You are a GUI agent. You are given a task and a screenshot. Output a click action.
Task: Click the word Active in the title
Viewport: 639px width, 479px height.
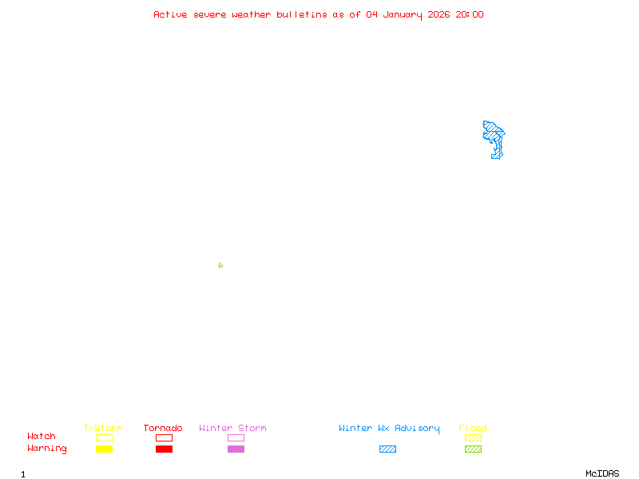point(170,14)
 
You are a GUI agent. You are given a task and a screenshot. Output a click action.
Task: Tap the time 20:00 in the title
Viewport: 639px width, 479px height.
point(469,14)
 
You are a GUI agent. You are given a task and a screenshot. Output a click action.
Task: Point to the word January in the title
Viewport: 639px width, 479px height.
point(403,14)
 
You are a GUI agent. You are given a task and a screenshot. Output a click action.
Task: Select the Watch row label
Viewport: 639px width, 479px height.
point(42,437)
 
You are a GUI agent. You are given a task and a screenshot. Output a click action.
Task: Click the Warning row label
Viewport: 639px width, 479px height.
point(47,449)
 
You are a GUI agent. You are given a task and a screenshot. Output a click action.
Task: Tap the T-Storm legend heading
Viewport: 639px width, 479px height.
point(103,428)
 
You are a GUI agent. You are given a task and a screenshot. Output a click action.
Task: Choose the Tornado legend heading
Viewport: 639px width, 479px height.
point(163,428)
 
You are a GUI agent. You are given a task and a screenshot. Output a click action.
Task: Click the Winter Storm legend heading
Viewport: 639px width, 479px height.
point(232,428)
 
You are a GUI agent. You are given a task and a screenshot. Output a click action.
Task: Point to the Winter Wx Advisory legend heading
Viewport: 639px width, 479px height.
point(389,428)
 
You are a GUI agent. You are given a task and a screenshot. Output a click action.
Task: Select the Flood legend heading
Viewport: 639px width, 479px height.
point(473,428)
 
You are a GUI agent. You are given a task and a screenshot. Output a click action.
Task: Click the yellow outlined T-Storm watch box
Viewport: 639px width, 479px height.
point(104,437)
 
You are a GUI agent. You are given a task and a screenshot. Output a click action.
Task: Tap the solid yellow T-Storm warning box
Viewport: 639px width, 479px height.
point(104,449)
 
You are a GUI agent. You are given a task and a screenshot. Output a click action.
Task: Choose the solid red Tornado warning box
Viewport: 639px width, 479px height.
point(164,449)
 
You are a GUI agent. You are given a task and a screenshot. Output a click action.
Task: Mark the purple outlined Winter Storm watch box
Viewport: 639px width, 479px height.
point(236,437)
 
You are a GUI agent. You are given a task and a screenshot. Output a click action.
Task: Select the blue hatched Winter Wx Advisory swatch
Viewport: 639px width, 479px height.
point(387,449)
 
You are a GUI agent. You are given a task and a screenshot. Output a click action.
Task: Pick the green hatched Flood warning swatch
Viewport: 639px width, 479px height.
point(473,449)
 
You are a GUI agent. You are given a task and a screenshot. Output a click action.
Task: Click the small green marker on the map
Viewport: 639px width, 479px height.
point(220,265)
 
